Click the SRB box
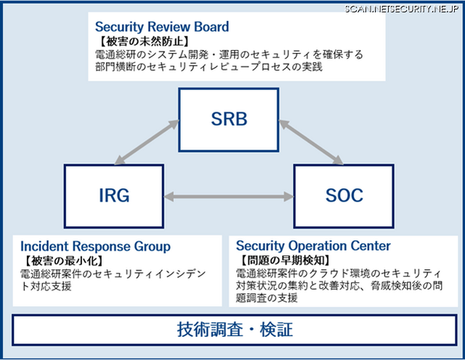229,119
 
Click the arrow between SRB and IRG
150,142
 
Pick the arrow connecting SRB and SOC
311,142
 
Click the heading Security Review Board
161,28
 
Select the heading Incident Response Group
95,246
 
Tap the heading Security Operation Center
313,246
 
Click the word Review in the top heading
170,28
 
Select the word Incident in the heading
44,246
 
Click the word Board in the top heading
211,28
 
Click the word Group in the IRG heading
152,246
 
